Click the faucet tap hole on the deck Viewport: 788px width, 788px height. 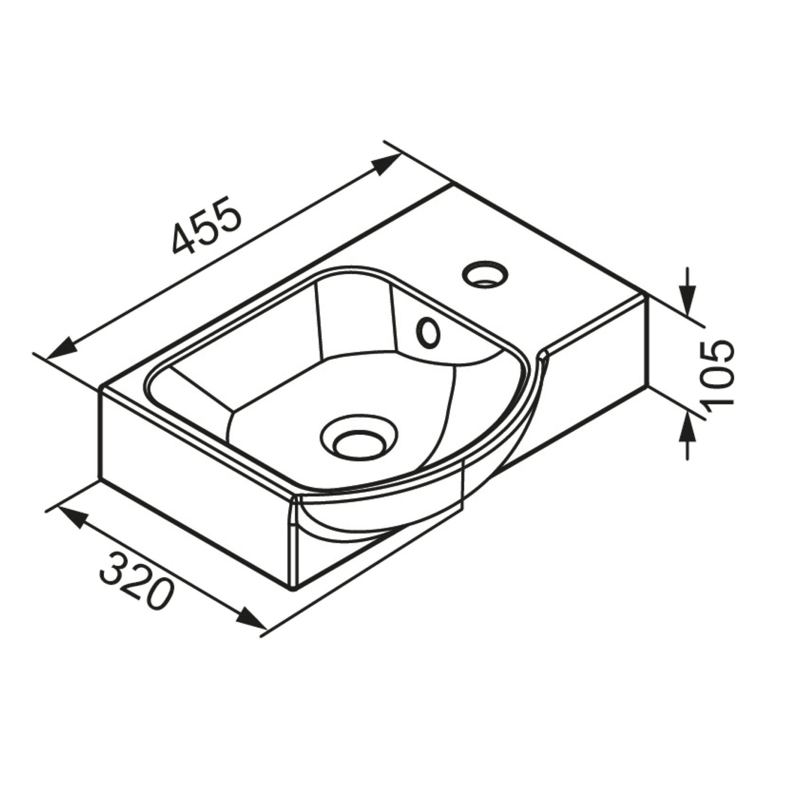click(x=485, y=273)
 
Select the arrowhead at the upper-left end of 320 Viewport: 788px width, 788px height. click(x=71, y=517)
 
